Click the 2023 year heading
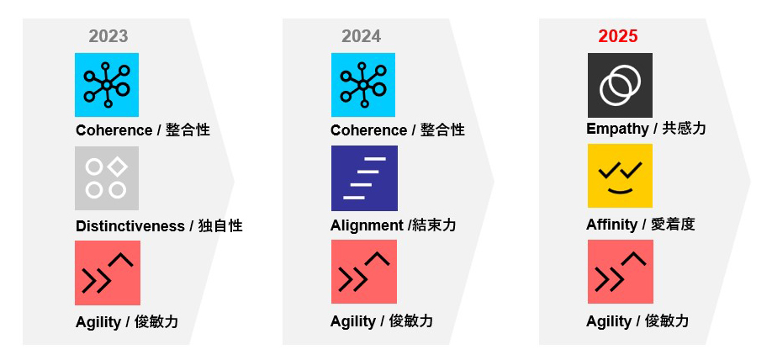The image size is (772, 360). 108,36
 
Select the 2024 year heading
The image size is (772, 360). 361,36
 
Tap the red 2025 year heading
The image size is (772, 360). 618,36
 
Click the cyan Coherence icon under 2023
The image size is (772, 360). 107,85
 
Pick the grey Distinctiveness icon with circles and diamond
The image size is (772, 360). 107,178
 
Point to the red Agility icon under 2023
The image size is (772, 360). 108,273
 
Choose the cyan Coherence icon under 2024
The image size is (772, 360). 362,85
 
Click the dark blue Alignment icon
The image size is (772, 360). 364,178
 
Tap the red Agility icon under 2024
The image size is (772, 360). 364,272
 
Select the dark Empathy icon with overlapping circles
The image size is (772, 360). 620,85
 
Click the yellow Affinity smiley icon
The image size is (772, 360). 620,176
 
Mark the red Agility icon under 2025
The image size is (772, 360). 621,272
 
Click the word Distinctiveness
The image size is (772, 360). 130,226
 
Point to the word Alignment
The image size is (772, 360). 367,225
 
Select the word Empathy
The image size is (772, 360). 617,129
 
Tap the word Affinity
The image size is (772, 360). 611,225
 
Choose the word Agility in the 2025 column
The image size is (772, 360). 609,321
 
